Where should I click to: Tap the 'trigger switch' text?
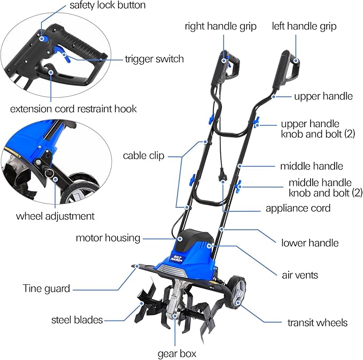point(154,59)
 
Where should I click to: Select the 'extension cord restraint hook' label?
point(73,109)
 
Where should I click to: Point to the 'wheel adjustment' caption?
point(55,216)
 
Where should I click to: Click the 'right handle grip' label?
point(221,26)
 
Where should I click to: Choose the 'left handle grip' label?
point(304,26)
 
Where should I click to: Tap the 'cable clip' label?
point(144,156)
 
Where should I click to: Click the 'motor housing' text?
point(108,238)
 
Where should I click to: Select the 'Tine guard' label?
point(46,289)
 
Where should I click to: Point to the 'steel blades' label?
point(77,320)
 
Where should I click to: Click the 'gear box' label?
point(177,354)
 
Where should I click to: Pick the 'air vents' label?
point(300,275)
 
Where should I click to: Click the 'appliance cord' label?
point(298,208)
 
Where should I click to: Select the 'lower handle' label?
point(310,243)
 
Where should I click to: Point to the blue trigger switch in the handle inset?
point(65,54)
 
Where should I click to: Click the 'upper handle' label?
point(323,96)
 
